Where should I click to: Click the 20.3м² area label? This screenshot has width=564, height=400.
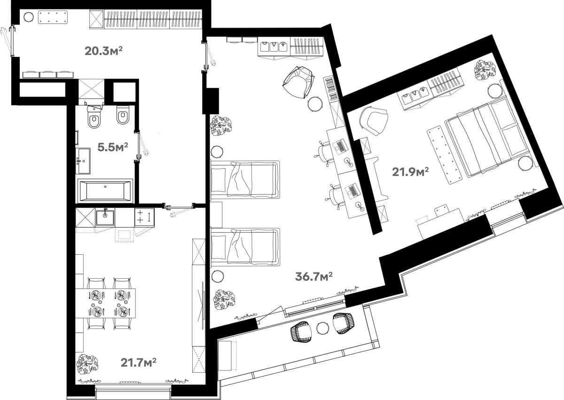[x=103, y=51]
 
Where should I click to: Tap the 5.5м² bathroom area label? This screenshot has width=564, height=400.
[x=113, y=147]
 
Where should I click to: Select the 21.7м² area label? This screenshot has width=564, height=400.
[x=139, y=362]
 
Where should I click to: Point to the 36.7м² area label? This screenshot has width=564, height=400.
[x=314, y=276]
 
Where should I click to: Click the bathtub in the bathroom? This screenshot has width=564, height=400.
[x=105, y=191]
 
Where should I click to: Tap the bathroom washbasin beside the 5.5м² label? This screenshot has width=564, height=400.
[x=83, y=161]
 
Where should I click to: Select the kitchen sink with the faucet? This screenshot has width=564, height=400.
[x=105, y=218]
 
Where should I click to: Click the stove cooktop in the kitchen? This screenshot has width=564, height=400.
[x=144, y=218]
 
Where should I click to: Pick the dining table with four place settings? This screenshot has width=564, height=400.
[x=105, y=303]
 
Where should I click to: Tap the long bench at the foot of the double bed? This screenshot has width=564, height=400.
[x=445, y=155]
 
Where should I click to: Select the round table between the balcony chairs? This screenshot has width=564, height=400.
[x=323, y=329]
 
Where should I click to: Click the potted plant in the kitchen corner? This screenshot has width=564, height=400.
[x=87, y=364]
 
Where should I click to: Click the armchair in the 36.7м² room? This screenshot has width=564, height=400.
[x=299, y=83]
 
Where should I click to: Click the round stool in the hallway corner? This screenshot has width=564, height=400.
[x=29, y=17]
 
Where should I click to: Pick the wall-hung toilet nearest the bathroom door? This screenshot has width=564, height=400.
[x=123, y=115]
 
